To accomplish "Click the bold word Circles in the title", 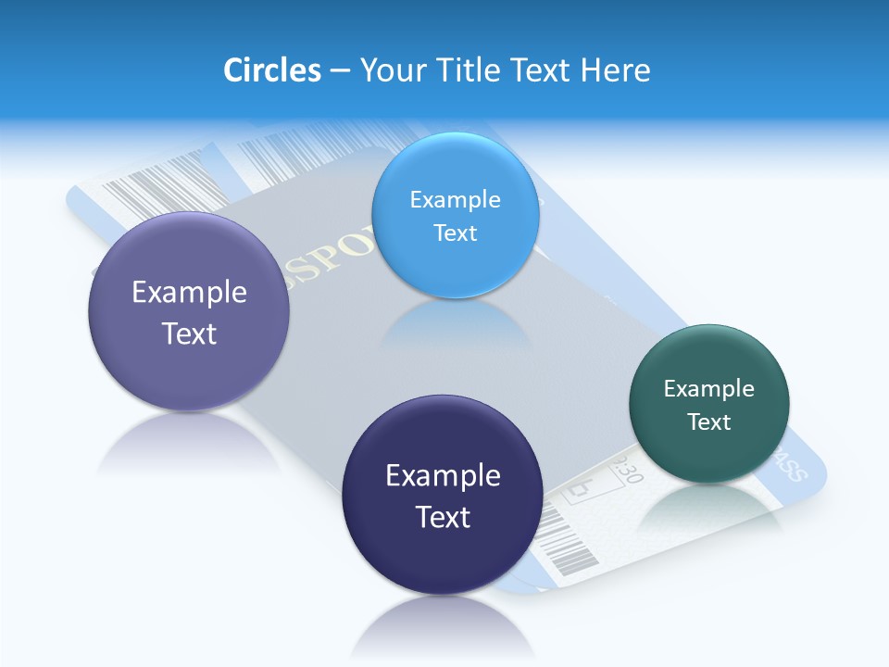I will coord(272,70).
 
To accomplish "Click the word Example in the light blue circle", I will coord(455,199).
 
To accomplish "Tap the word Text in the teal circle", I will coord(709,422).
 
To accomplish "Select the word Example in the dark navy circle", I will coord(443,476).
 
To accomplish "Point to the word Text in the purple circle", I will coord(189,333).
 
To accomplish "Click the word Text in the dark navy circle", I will coord(443,517).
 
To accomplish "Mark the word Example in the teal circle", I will coord(709,389).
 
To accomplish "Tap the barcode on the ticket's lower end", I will coord(567,547).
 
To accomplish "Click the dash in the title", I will coord(340,71).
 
